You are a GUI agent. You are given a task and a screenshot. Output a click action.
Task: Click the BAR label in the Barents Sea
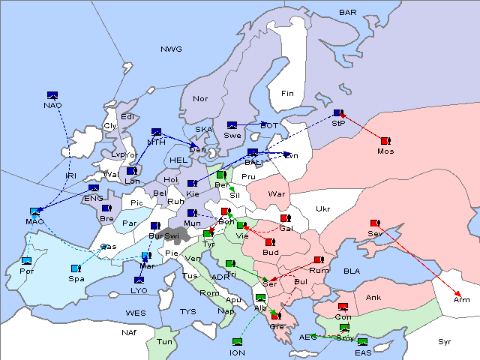347,13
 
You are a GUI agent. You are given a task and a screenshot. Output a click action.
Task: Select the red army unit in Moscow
385,140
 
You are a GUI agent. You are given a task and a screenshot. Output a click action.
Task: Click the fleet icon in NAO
52,95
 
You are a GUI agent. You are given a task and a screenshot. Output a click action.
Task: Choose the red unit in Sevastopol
374,223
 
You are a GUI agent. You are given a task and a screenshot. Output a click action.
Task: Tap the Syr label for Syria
445,341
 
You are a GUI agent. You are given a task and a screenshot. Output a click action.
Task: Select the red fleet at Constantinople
343,307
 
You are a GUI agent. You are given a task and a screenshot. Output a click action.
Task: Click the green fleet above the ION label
237,342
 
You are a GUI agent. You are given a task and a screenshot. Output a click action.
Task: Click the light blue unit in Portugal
27,260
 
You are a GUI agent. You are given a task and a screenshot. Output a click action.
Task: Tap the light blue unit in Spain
76,268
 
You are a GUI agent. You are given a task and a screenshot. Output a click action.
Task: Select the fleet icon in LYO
139,280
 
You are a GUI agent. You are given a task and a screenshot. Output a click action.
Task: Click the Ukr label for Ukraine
322,208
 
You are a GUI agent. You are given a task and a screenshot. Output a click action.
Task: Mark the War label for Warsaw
277,193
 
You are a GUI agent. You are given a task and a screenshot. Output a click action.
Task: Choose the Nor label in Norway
200,98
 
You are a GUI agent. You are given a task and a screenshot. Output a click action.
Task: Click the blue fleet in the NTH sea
156,132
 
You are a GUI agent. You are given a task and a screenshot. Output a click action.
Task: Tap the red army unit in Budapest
269,242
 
